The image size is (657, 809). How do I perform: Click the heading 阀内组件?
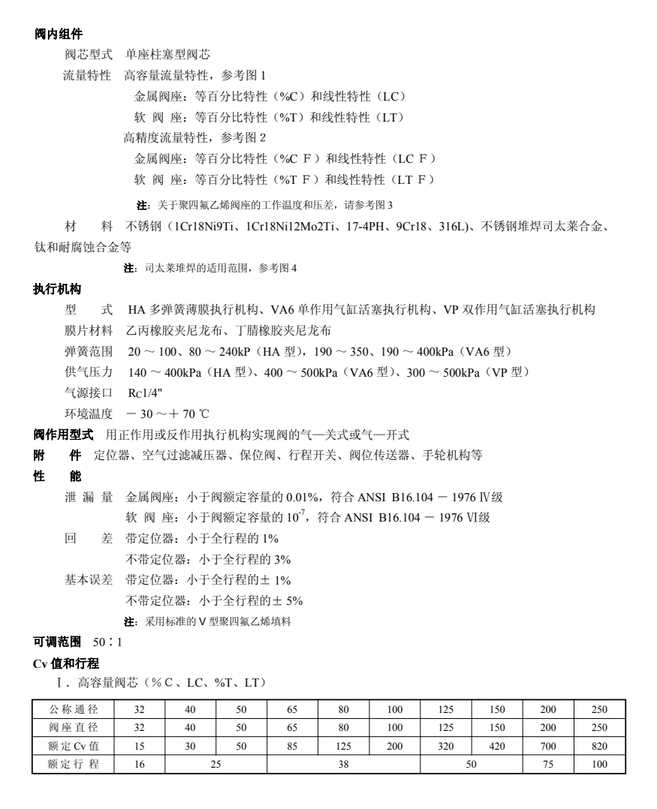tap(59, 35)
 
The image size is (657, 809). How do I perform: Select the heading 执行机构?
tap(59, 289)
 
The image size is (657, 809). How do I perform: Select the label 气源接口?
tap(88, 392)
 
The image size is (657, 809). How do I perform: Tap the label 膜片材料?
tap(88, 330)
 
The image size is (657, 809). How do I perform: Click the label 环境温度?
tap(88, 414)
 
